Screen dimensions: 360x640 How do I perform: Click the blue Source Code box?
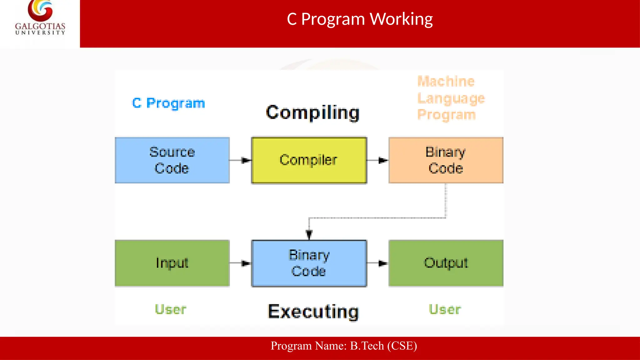tap(172, 160)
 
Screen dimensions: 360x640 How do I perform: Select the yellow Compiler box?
tap(309, 160)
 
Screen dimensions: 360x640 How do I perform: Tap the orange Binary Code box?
tap(446, 160)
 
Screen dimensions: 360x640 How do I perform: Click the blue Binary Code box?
tap(309, 263)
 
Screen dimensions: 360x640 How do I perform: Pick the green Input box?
tap(172, 263)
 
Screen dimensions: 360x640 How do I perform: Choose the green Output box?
tap(446, 263)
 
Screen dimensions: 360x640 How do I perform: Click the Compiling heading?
tap(312, 113)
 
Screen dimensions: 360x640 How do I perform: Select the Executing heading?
tap(313, 312)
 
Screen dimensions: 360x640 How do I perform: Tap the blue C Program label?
tap(168, 103)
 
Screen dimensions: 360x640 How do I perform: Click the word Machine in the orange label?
tap(446, 82)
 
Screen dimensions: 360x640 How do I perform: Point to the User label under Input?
tap(171, 309)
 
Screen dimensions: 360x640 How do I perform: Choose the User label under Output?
tap(445, 309)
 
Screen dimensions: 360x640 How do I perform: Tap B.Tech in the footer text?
tap(367, 346)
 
